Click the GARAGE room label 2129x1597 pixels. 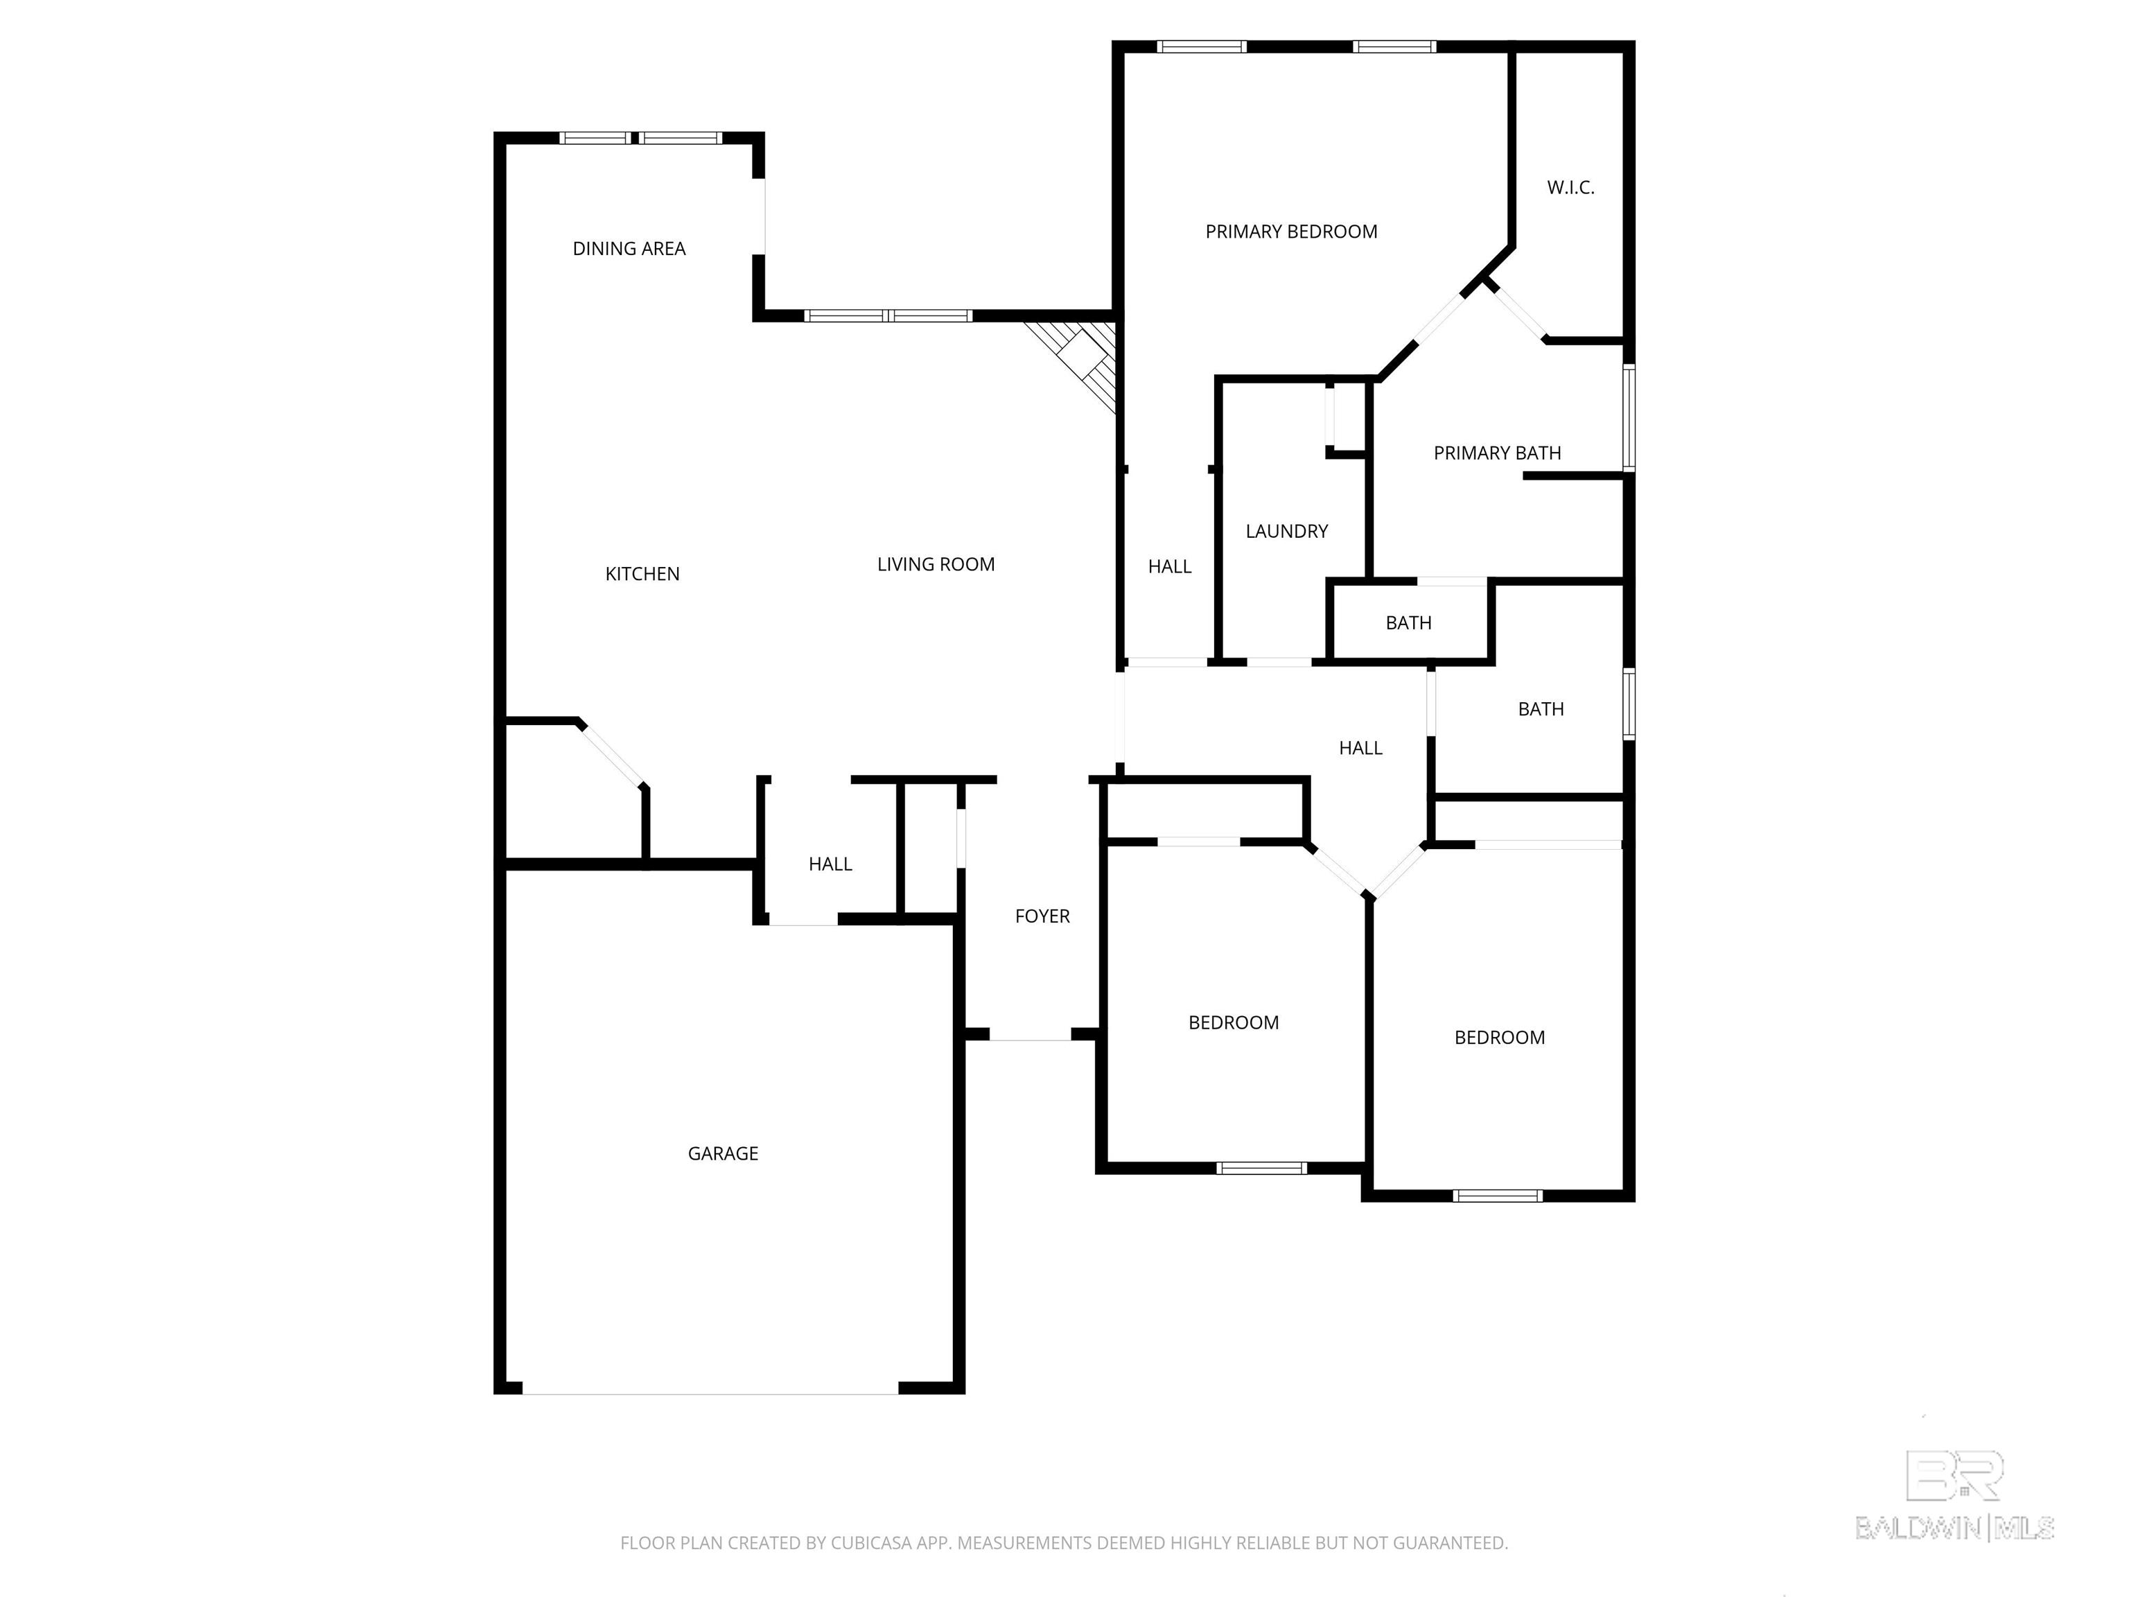point(723,1153)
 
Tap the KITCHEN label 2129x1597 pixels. point(642,574)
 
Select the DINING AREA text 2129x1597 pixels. point(629,248)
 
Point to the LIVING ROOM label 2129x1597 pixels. point(936,564)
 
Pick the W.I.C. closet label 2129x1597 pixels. point(1571,188)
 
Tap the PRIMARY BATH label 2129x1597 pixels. point(1497,453)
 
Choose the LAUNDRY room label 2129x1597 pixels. point(1287,532)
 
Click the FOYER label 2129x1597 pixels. point(1042,916)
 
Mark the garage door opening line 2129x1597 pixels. point(710,1393)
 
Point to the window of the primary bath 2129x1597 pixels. point(1629,417)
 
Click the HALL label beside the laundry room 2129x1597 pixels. point(1169,567)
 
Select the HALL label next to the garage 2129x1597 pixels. point(830,864)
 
